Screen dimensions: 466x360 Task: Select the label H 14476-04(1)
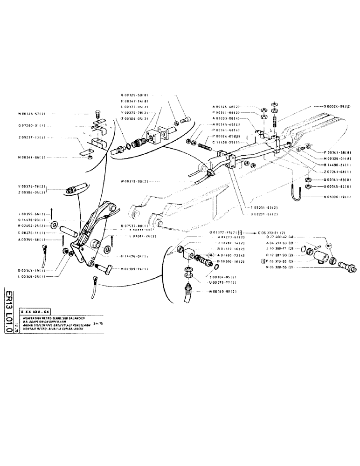pos(135,256)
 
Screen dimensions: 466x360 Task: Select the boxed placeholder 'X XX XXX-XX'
pos(35,311)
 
